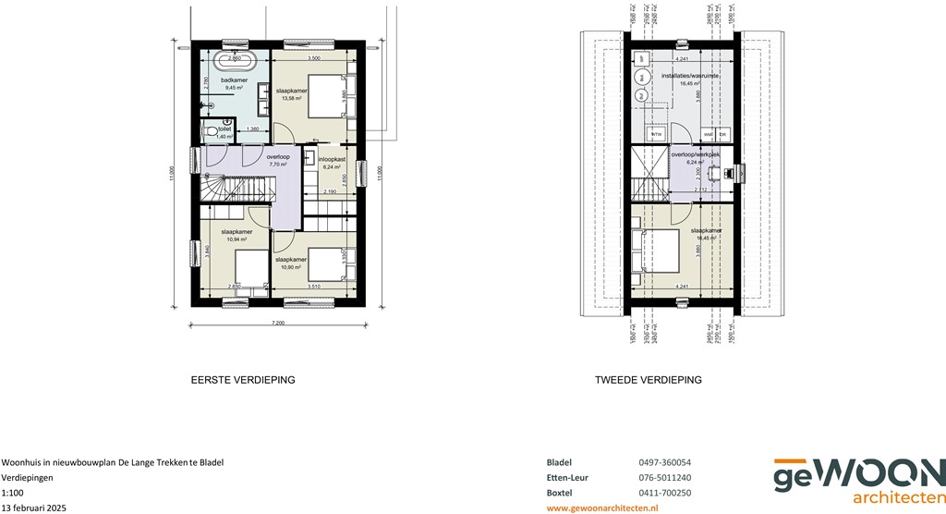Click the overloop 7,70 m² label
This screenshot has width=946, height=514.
[278, 160]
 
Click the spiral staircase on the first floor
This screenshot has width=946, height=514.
[213, 189]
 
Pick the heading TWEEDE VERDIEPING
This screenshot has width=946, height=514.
[649, 380]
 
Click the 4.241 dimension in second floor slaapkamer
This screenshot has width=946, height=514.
[682, 287]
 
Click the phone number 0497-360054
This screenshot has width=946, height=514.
[664, 462]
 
